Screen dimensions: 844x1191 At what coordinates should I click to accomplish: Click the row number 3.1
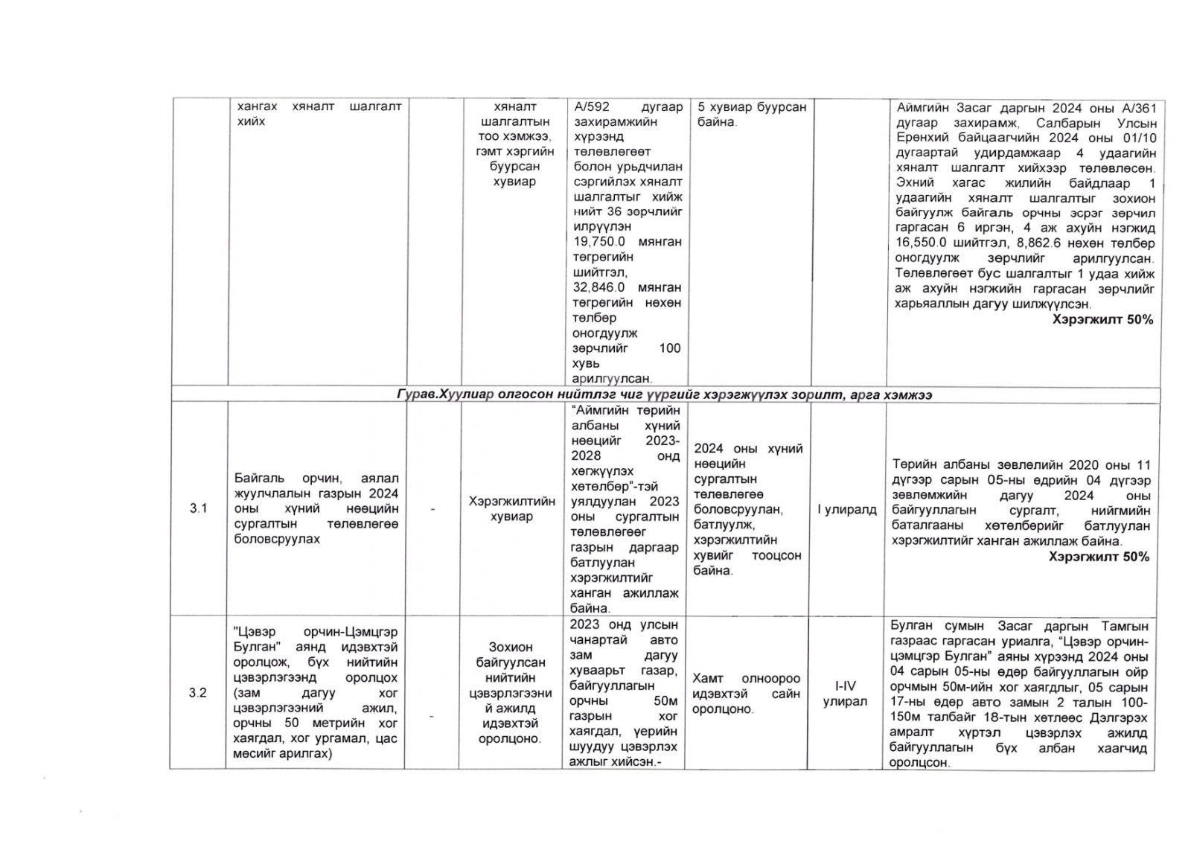click(198, 508)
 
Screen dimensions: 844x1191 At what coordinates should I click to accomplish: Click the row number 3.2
click(198, 693)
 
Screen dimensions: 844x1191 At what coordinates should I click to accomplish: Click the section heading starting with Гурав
click(665, 394)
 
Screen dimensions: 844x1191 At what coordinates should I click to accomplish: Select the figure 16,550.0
click(925, 243)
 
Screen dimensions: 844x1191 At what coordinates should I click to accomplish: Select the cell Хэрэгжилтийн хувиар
click(512, 509)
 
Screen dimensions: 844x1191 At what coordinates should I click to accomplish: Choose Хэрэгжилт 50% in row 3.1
click(1099, 557)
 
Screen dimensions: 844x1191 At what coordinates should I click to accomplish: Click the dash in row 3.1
click(432, 510)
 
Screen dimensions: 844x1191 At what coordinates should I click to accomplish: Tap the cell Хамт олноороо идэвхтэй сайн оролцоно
click(746, 694)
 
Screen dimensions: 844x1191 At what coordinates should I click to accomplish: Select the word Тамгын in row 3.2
click(1125, 627)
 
